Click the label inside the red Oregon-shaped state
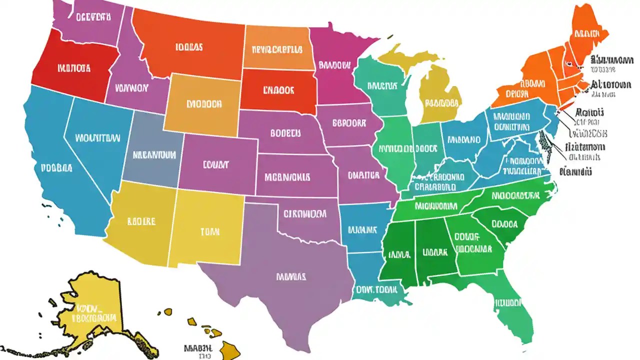(x=73, y=67)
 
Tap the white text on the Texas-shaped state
(x=291, y=276)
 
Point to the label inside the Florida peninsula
(x=508, y=302)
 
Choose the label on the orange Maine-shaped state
(x=590, y=34)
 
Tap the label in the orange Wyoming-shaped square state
(x=203, y=105)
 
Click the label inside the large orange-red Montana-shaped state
(x=189, y=47)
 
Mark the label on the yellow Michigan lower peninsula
(x=441, y=103)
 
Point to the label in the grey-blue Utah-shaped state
(x=154, y=154)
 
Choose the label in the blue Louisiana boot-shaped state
(x=376, y=289)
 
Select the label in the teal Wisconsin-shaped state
(x=381, y=85)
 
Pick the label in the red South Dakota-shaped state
(x=278, y=90)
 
